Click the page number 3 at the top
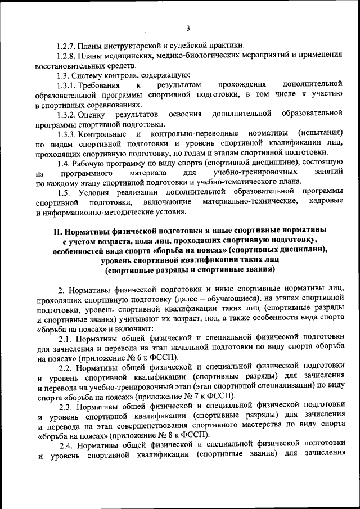coord(188,29)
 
